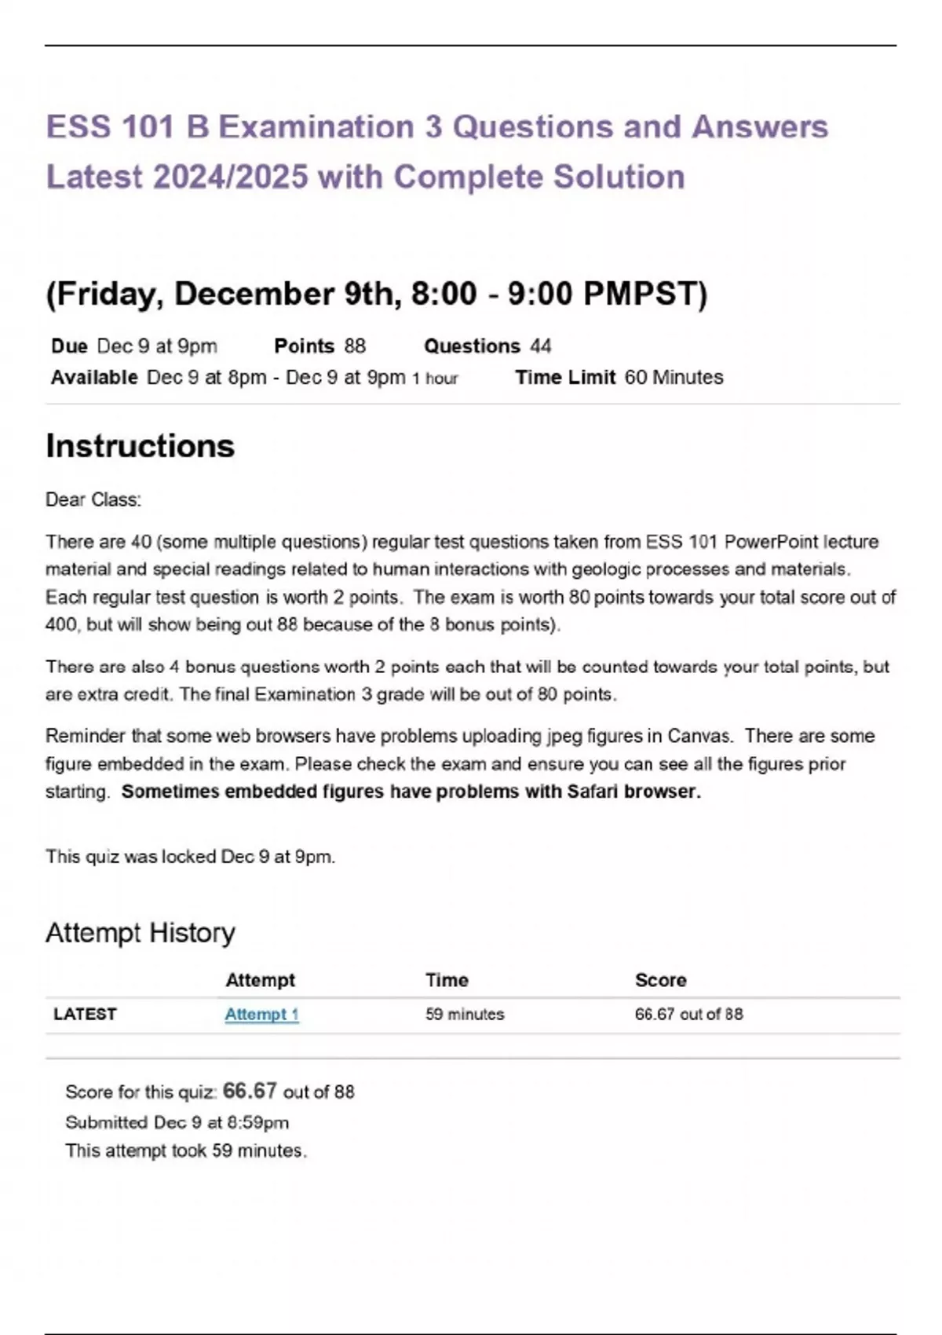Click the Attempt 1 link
click(x=261, y=1014)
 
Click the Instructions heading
click(x=141, y=446)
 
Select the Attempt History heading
click(x=141, y=932)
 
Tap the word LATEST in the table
click(x=85, y=1014)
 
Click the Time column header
click(x=447, y=980)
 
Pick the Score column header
click(x=660, y=980)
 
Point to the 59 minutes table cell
click(x=465, y=1014)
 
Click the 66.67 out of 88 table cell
click(x=688, y=1014)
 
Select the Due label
click(x=69, y=346)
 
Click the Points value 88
click(x=355, y=346)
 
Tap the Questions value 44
click(x=541, y=346)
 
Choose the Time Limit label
click(x=565, y=378)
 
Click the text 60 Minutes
click(x=674, y=378)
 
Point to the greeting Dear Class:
click(x=93, y=499)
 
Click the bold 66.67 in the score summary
click(x=250, y=1091)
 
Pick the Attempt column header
click(x=260, y=980)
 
